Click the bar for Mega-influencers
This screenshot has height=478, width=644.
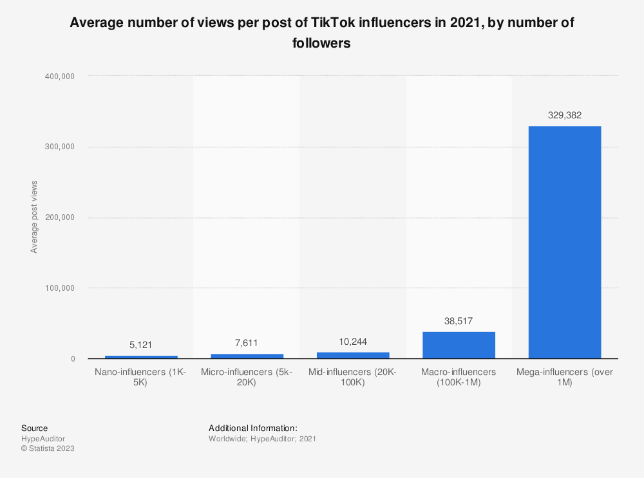[564, 242]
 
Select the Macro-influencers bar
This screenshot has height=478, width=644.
[459, 345]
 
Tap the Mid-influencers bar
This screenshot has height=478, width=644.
[353, 355]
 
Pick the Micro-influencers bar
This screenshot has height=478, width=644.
[247, 356]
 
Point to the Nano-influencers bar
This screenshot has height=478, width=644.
[141, 357]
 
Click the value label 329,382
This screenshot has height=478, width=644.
[564, 115]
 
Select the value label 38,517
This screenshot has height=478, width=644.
[459, 320]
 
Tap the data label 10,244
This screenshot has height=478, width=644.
[353, 341]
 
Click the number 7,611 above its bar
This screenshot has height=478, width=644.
[247, 343]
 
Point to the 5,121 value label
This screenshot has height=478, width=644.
[141, 345]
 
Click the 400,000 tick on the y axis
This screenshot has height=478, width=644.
[60, 77]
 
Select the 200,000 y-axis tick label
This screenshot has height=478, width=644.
[60, 217]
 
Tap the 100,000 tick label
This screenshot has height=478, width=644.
[60, 288]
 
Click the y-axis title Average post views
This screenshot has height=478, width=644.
[34, 217]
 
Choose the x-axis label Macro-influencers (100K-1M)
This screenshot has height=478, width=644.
[459, 378]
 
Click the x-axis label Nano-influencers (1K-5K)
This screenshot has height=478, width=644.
[141, 378]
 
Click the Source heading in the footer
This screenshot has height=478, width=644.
[34, 428]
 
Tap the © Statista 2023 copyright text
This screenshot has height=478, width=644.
[48, 449]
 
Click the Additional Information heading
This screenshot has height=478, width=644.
[252, 428]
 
